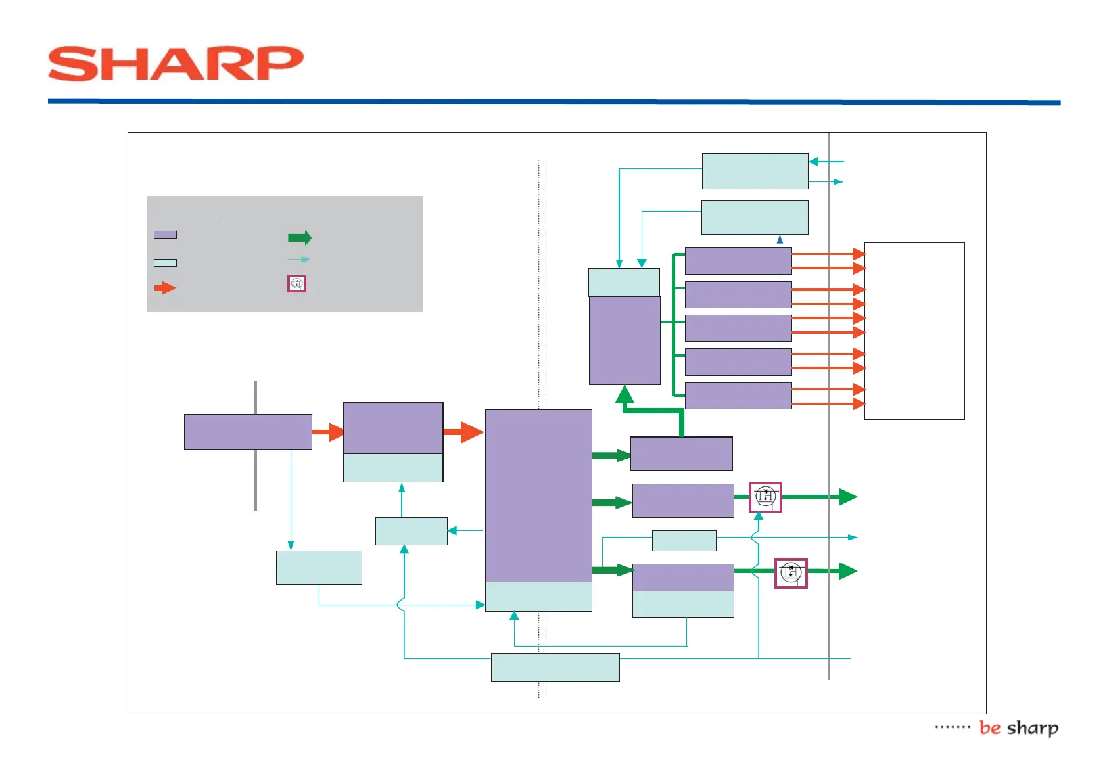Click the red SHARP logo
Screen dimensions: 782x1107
tap(176, 64)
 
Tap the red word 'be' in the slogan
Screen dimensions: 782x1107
tap(989, 728)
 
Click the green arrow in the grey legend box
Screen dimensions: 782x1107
tap(300, 238)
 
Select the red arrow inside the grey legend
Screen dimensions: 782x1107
tap(165, 288)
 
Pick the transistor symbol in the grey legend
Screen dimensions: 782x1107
tap(296, 284)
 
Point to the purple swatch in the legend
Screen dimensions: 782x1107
tap(165, 235)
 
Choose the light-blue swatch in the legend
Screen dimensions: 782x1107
tap(165, 263)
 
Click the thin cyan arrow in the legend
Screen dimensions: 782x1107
tap(299, 259)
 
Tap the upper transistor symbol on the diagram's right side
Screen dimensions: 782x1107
tap(765, 497)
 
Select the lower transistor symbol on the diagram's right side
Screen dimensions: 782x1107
tap(791, 573)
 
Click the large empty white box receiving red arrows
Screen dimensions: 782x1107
tap(914, 331)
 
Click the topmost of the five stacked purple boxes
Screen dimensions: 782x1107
tap(738, 261)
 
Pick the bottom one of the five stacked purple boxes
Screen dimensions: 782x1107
tap(738, 396)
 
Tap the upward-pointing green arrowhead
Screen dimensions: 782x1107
tap(624, 395)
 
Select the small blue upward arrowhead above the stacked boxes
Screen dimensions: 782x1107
tap(780, 240)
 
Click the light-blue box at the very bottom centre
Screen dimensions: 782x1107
tap(555, 667)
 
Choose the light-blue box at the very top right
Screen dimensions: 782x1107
tap(755, 171)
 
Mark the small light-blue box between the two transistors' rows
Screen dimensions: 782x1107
tap(684, 540)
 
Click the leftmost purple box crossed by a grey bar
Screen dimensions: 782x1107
tap(248, 432)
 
